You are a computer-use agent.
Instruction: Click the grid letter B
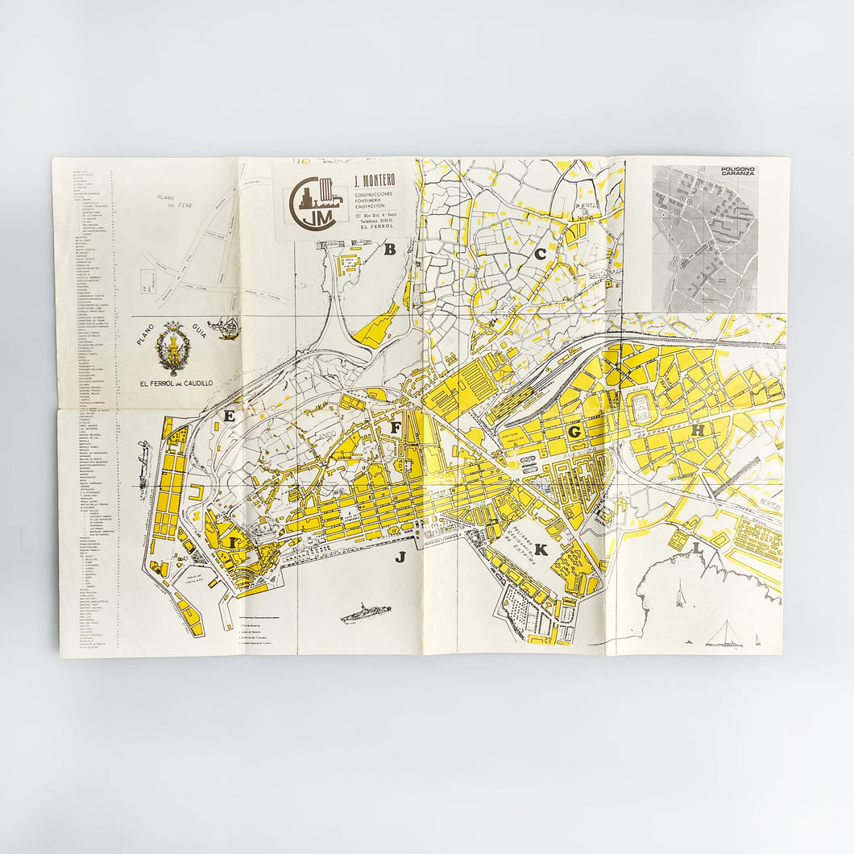click(x=390, y=250)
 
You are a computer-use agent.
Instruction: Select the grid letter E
click(x=230, y=417)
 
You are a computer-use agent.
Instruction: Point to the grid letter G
click(x=574, y=432)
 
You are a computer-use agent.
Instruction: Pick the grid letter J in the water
click(x=400, y=556)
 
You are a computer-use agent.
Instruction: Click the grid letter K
click(x=541, y=551)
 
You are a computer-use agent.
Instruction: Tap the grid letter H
click(x=698, y=431)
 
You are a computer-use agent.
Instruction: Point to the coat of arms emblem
click(x=173, y=348)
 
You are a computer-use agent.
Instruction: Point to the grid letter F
click(x=396, y=428)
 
